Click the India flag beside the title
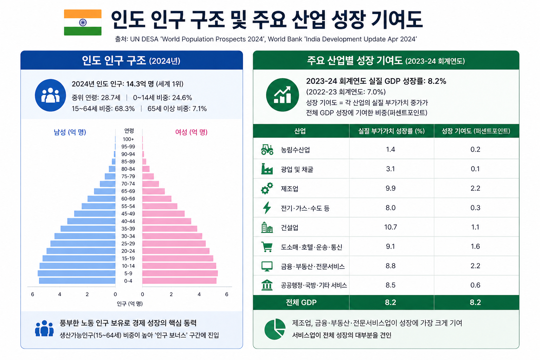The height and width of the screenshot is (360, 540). pos(83,22)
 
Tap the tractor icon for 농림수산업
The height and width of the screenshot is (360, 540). pos(267,149)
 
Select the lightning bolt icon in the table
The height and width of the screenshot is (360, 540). pos(267,208)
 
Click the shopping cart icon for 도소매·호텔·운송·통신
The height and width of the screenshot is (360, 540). pos(267,247)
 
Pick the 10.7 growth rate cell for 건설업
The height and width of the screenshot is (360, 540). pos(391,227)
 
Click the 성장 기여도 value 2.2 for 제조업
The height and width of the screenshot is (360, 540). pos(475,188)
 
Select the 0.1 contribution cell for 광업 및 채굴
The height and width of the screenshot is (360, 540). pos(475,169)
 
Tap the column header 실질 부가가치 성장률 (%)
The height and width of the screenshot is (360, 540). pos(391,131)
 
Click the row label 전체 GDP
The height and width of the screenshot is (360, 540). pos(301,302)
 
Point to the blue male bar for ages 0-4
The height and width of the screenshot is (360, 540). pos(77,281)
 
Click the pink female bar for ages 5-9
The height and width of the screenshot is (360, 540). pos(180,273)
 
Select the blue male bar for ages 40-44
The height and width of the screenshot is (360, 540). pos(91,221)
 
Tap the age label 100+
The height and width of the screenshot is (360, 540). pos(128,139)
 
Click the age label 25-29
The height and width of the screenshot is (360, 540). pos(128,244)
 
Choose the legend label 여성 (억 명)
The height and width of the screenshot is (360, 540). pos(191,132)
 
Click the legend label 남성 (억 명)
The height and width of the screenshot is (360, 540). pos(70,132)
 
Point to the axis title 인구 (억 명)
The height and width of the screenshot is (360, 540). pos(130,304)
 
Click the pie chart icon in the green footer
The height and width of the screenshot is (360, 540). pos(275,329)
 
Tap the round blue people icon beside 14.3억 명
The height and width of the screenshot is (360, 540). pos(50,95)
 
